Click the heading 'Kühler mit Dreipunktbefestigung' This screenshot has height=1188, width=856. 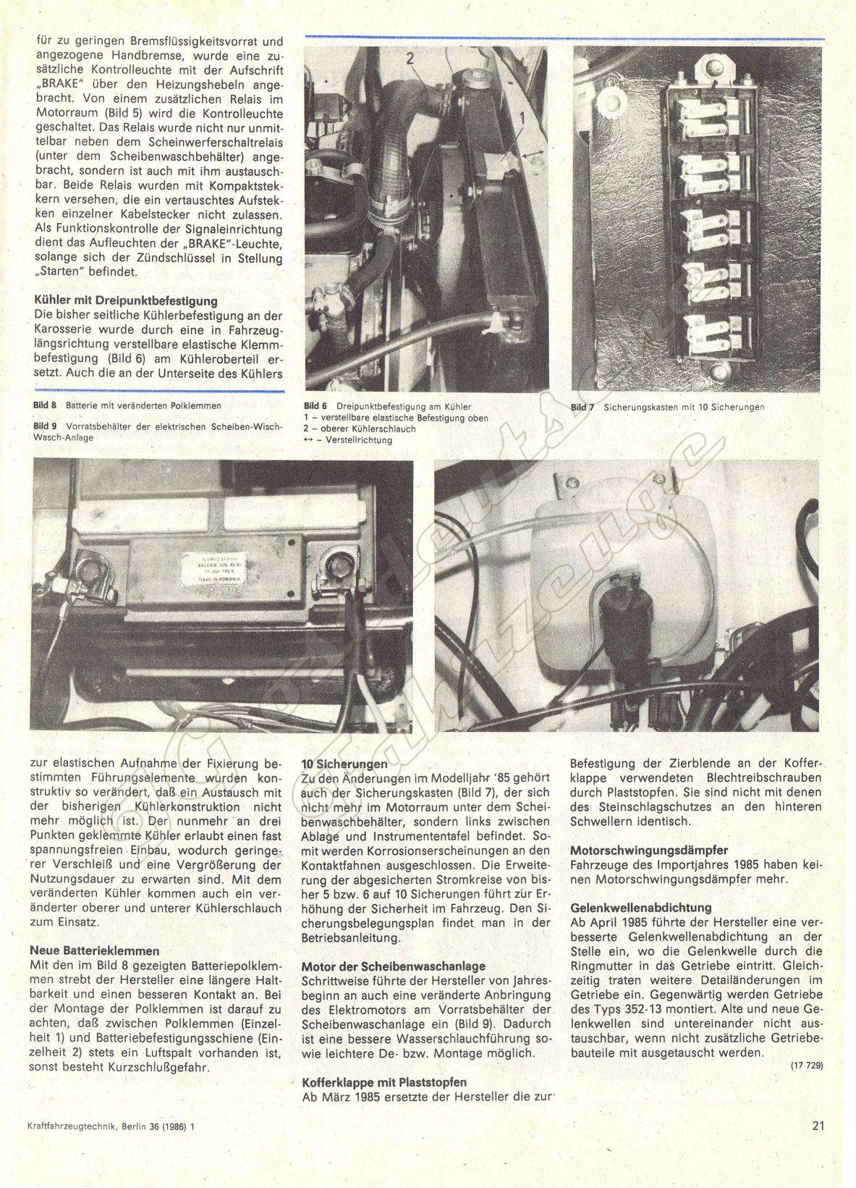click(x=126, y=300)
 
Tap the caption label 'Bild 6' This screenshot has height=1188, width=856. click(x=315, y=407)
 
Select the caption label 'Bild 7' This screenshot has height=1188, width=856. click(x=582, y=407)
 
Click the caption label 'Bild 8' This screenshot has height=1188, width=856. click(x=46, y=405)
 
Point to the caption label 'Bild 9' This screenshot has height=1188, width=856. click(x=46, y=426)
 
